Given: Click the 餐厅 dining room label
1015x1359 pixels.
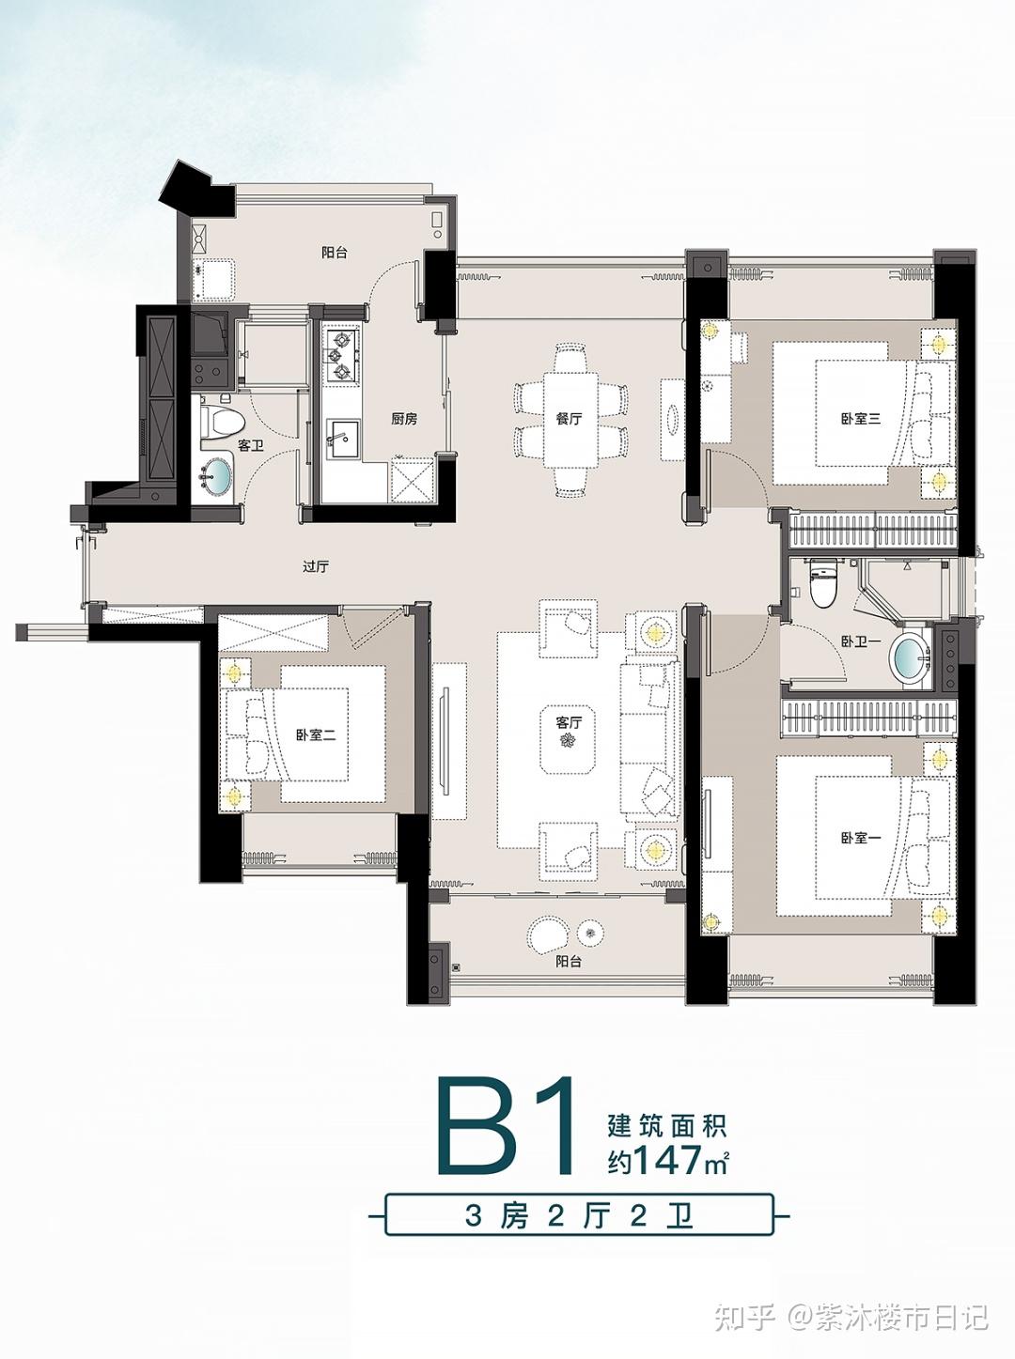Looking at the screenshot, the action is point(569,419).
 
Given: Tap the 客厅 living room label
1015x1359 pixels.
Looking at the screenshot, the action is point(569,722).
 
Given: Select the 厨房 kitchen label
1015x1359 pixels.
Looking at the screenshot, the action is point(404,419).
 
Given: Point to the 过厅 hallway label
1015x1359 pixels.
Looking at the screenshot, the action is point(316,566).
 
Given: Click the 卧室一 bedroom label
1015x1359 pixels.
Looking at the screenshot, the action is point(861,838).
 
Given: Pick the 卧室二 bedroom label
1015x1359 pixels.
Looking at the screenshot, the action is point(316,735).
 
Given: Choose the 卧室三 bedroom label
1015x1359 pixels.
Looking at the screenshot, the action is point(861,419).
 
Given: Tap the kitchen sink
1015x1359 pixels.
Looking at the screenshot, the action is point(342,439).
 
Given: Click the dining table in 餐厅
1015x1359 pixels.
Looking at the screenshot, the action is point(570,419).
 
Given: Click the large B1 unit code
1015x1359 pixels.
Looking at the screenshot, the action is point(506,1127).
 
